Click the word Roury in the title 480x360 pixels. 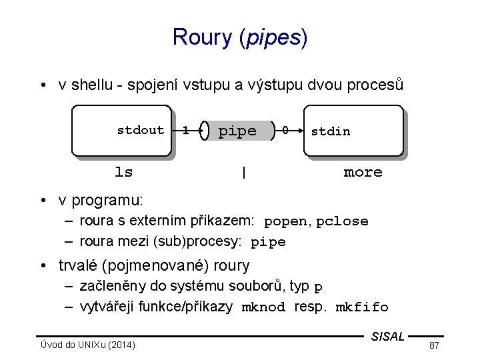coord(202,37)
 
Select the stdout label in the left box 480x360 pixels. coord(140,130)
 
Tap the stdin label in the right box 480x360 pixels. coord(330,131)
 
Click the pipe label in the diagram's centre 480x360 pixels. coord(237,131)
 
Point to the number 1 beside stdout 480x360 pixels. coord(185,131)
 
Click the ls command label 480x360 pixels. coord(124,172)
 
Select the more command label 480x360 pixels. coord(363,172)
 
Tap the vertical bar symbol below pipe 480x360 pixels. coord(244,173)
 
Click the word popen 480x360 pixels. coord(285,221)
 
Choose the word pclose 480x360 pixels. coord(342,221)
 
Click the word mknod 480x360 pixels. coord(263,307)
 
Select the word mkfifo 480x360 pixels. coord(361,307)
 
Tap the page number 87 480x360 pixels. coord(434,345)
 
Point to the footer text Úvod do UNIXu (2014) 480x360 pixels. coord(87,345)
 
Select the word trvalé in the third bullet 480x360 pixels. coord(79,265)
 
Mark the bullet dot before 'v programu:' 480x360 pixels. coord(42,200)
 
